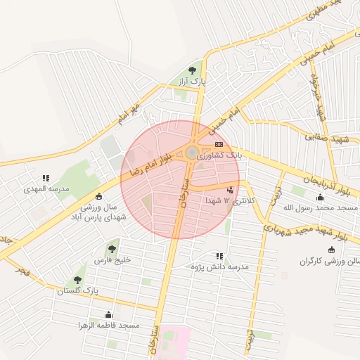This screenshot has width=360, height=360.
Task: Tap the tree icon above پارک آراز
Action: coord(193,70)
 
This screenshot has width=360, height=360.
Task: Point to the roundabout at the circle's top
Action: coord(192,153)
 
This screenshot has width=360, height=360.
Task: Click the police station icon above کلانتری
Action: coord(231,189)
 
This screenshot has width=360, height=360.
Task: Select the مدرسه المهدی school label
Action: coord(45,189)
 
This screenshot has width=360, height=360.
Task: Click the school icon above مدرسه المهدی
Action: coord(46,178)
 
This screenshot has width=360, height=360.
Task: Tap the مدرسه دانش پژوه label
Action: coord(219,267)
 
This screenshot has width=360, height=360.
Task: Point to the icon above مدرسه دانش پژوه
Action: coord(219,256)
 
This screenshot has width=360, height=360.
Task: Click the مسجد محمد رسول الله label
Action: coord(321,208)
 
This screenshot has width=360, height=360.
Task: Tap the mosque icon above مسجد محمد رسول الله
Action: coord(321,196)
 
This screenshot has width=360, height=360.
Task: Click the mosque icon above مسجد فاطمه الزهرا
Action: coord(108,314)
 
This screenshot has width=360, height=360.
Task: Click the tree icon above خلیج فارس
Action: coord(112,247)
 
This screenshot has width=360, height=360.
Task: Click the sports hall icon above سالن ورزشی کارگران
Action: coord(331,250)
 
